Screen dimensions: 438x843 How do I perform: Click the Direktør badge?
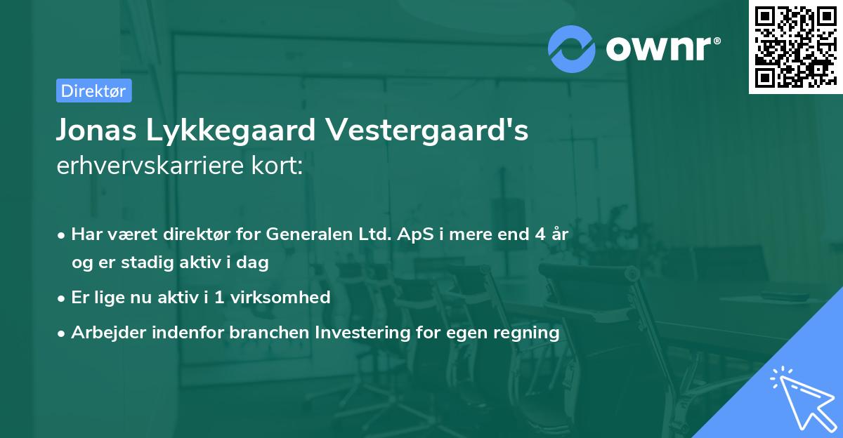click(x=93, y=91)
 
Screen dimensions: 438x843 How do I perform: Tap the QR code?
click(x=795, y=46)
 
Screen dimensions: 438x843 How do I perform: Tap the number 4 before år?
click(x=539, y=234)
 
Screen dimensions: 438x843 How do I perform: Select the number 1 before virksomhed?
click(x=219, y=297)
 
